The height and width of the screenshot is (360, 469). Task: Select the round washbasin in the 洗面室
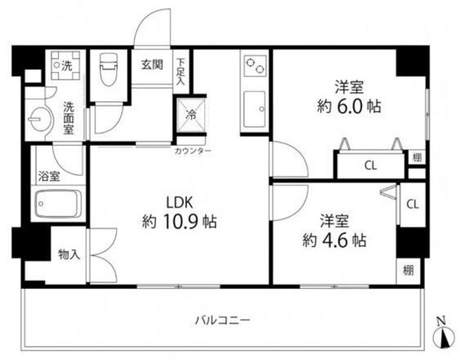pos(36,117)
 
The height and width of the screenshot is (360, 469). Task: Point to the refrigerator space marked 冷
pos(190,114)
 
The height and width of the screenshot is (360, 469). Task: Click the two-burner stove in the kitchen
pos(254,67)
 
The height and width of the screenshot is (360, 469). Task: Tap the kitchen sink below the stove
pos(254,108)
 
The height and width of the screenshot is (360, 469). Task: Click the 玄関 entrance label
pos(152,64)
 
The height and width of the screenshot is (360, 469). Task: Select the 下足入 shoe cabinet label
pos(180,72)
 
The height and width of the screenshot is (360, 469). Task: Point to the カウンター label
pos(193,150)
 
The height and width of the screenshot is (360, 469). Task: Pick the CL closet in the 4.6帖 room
pos(412,204)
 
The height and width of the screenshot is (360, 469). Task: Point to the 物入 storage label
pos(69,254)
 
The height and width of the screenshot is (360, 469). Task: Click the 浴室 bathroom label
pos(49,176)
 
